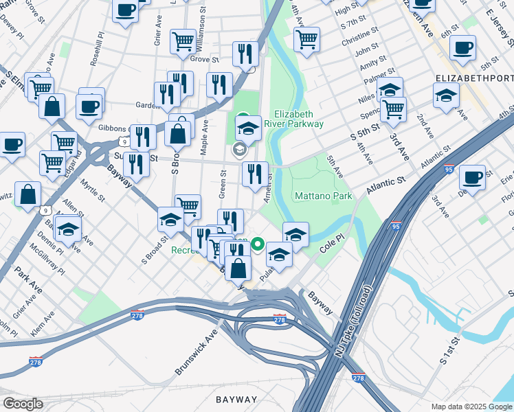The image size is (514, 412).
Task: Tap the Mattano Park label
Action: tap(323, 196)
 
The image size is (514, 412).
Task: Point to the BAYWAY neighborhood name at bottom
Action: tap(236, 399)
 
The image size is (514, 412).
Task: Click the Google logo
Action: tap(23, 404)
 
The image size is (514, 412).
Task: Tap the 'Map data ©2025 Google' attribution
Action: tap(471, 407)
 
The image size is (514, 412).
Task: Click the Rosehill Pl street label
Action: tap(96, 48)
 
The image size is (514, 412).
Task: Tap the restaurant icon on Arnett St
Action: tap(255, 174)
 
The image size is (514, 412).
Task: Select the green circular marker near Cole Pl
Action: tap(258, 244)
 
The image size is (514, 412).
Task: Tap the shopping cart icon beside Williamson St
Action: tap(183, 41)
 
